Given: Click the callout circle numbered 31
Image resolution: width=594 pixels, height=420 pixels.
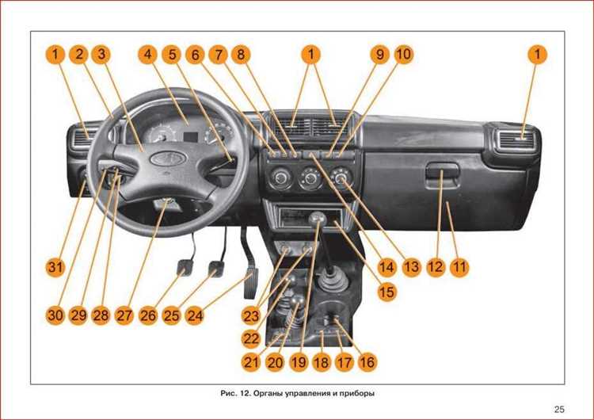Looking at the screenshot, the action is point(55,267).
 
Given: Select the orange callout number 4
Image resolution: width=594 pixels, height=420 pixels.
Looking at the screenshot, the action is point(148,54).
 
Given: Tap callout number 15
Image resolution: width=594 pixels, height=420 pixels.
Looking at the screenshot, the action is point(386,292).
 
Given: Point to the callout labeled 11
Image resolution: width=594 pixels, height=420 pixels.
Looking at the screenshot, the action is point(459,267).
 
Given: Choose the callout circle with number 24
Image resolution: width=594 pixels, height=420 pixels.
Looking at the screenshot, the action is point(195,315).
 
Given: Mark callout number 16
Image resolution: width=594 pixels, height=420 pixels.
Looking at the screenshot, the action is point(367,362).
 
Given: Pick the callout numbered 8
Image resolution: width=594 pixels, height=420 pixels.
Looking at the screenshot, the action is point(241,54).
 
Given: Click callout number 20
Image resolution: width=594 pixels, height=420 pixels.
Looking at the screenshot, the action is point(275,362).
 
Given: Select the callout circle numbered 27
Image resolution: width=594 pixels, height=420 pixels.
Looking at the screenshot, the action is point(124,315).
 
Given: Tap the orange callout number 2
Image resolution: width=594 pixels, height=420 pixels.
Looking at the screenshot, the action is point(78,54).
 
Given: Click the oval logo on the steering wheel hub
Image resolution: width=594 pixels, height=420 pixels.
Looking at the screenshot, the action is point(168,158).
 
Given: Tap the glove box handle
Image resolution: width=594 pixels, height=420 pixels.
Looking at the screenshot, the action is point(442,172).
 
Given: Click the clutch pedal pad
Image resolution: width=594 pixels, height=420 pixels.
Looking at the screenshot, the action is point(185,268).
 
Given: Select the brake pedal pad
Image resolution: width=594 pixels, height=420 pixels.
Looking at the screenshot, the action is point(217,269).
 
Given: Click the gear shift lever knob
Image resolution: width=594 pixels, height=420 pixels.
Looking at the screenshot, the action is point(317,219).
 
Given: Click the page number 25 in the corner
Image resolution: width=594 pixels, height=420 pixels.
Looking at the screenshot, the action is point(559,410).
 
